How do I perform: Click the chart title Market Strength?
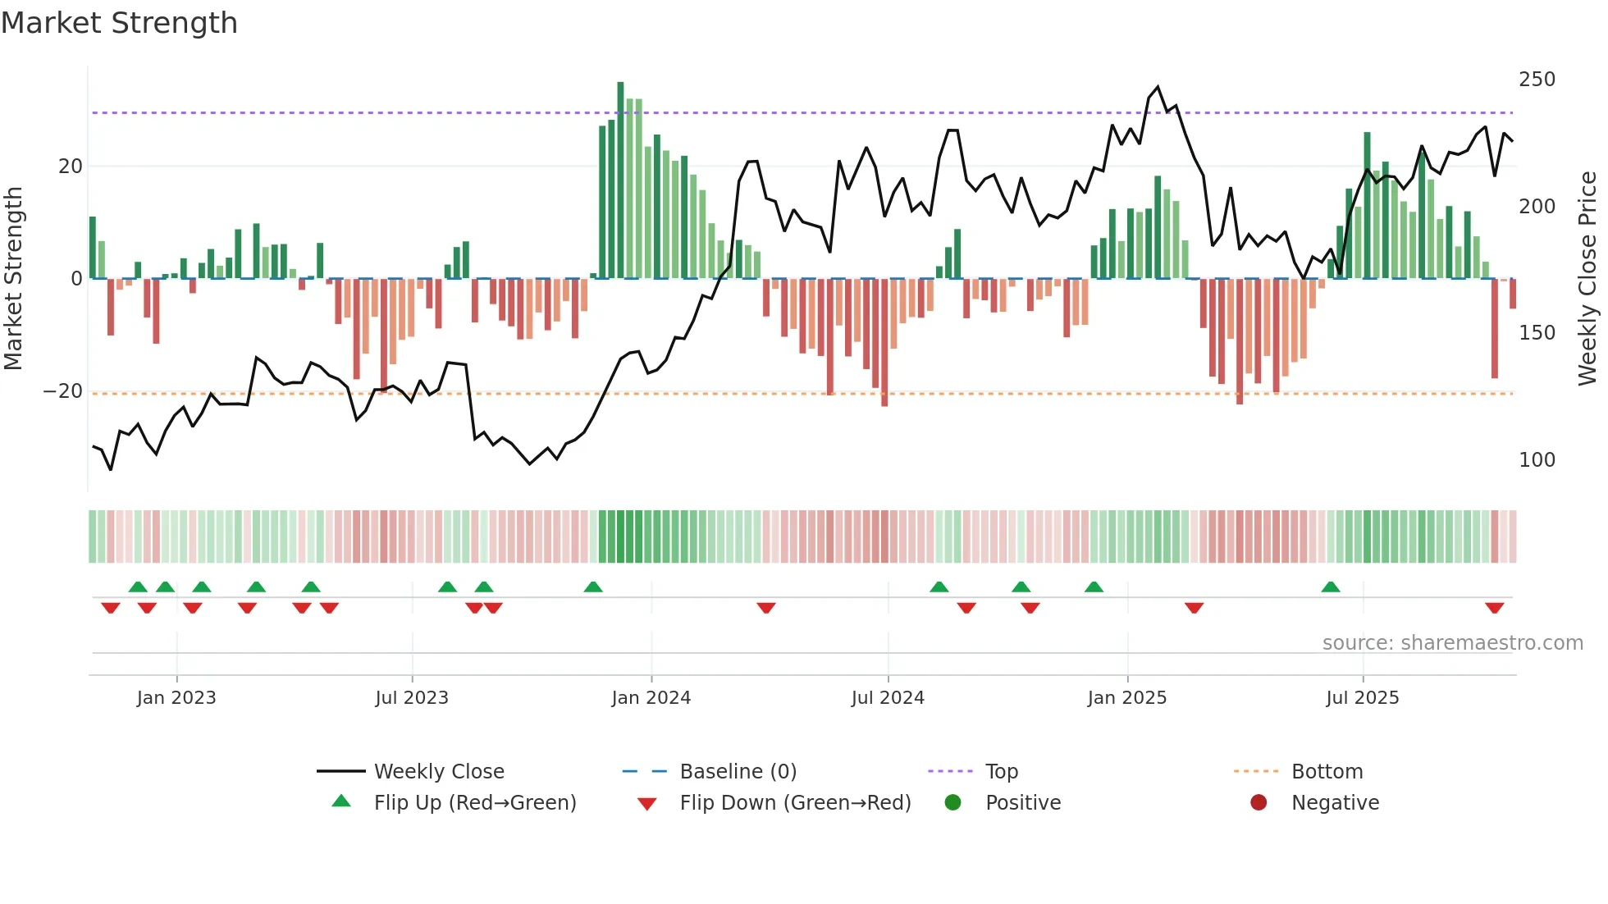(119, 23)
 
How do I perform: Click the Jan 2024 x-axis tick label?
(651, 698)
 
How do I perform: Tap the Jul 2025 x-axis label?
(1362, 698)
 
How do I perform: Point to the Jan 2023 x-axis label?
(176, 698)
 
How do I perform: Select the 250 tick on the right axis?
(1537, 80)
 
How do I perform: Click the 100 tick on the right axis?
(1537, 460)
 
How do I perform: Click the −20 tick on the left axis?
(63, 391)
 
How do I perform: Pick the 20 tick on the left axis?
(71, 167)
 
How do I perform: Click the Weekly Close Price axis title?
(1587, 279)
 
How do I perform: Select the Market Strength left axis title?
(14, 279)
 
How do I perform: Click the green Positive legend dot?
(952, 803)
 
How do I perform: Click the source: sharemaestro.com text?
(1452, 643)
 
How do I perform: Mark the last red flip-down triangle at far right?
(1494, 608)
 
